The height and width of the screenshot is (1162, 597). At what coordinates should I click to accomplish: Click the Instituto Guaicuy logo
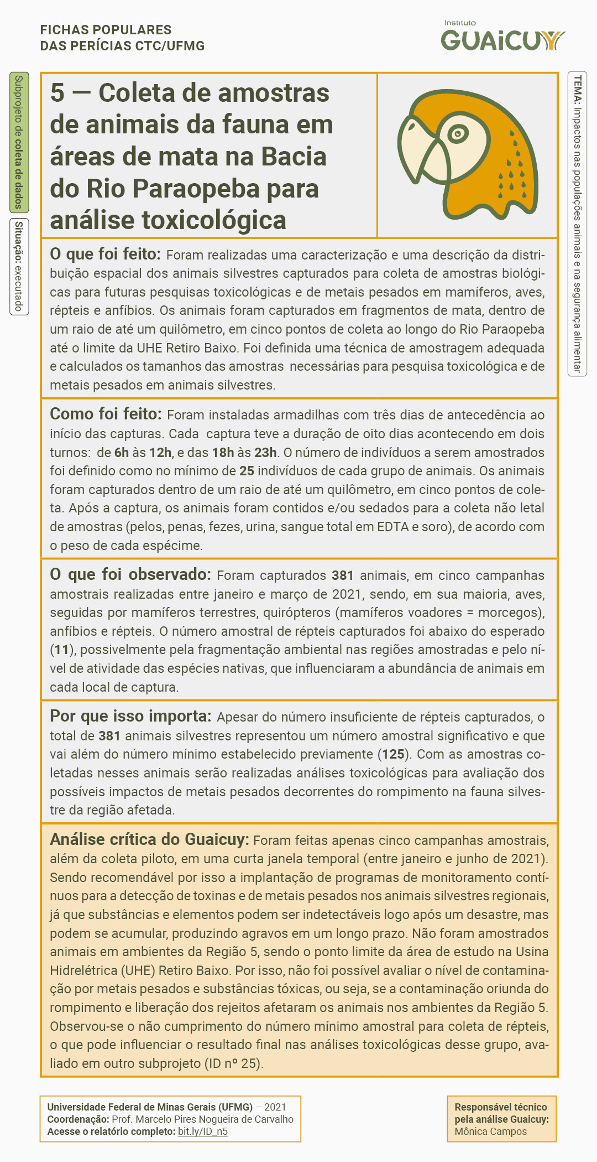(x=502, y=38)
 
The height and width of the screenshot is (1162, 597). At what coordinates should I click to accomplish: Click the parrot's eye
(x=458, y=133)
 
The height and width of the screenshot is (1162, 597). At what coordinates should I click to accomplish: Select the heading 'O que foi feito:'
(x=105, y=254)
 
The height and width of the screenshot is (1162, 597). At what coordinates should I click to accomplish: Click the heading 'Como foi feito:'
(x=106, y=414)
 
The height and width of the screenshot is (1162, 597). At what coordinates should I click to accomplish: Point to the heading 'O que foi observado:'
(x=130, y=574)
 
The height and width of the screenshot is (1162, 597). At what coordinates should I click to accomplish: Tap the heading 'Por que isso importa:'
(x=130, y=716)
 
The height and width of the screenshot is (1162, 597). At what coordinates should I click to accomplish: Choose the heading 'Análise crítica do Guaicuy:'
(x=149, y=839)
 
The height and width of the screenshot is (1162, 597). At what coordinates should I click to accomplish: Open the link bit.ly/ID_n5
(x=202, y=1132)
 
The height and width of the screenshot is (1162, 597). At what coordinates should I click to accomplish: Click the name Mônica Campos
(x=490, y=1132)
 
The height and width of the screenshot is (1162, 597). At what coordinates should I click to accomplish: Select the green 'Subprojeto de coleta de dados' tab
(x=19, y=142)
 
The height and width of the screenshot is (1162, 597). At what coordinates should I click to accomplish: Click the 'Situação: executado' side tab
(x=19, y=266)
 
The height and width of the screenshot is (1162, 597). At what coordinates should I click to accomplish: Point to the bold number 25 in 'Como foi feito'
(x=247, y=471)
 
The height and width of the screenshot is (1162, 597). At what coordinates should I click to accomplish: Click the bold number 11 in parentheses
(x=61, y=650)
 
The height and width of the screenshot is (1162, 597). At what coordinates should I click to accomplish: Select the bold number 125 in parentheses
(x=393, y=754)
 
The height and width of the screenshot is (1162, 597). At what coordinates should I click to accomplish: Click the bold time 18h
(x=223, y=453)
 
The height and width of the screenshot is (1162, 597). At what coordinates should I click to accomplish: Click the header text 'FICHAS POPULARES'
(x=106, y=30)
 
